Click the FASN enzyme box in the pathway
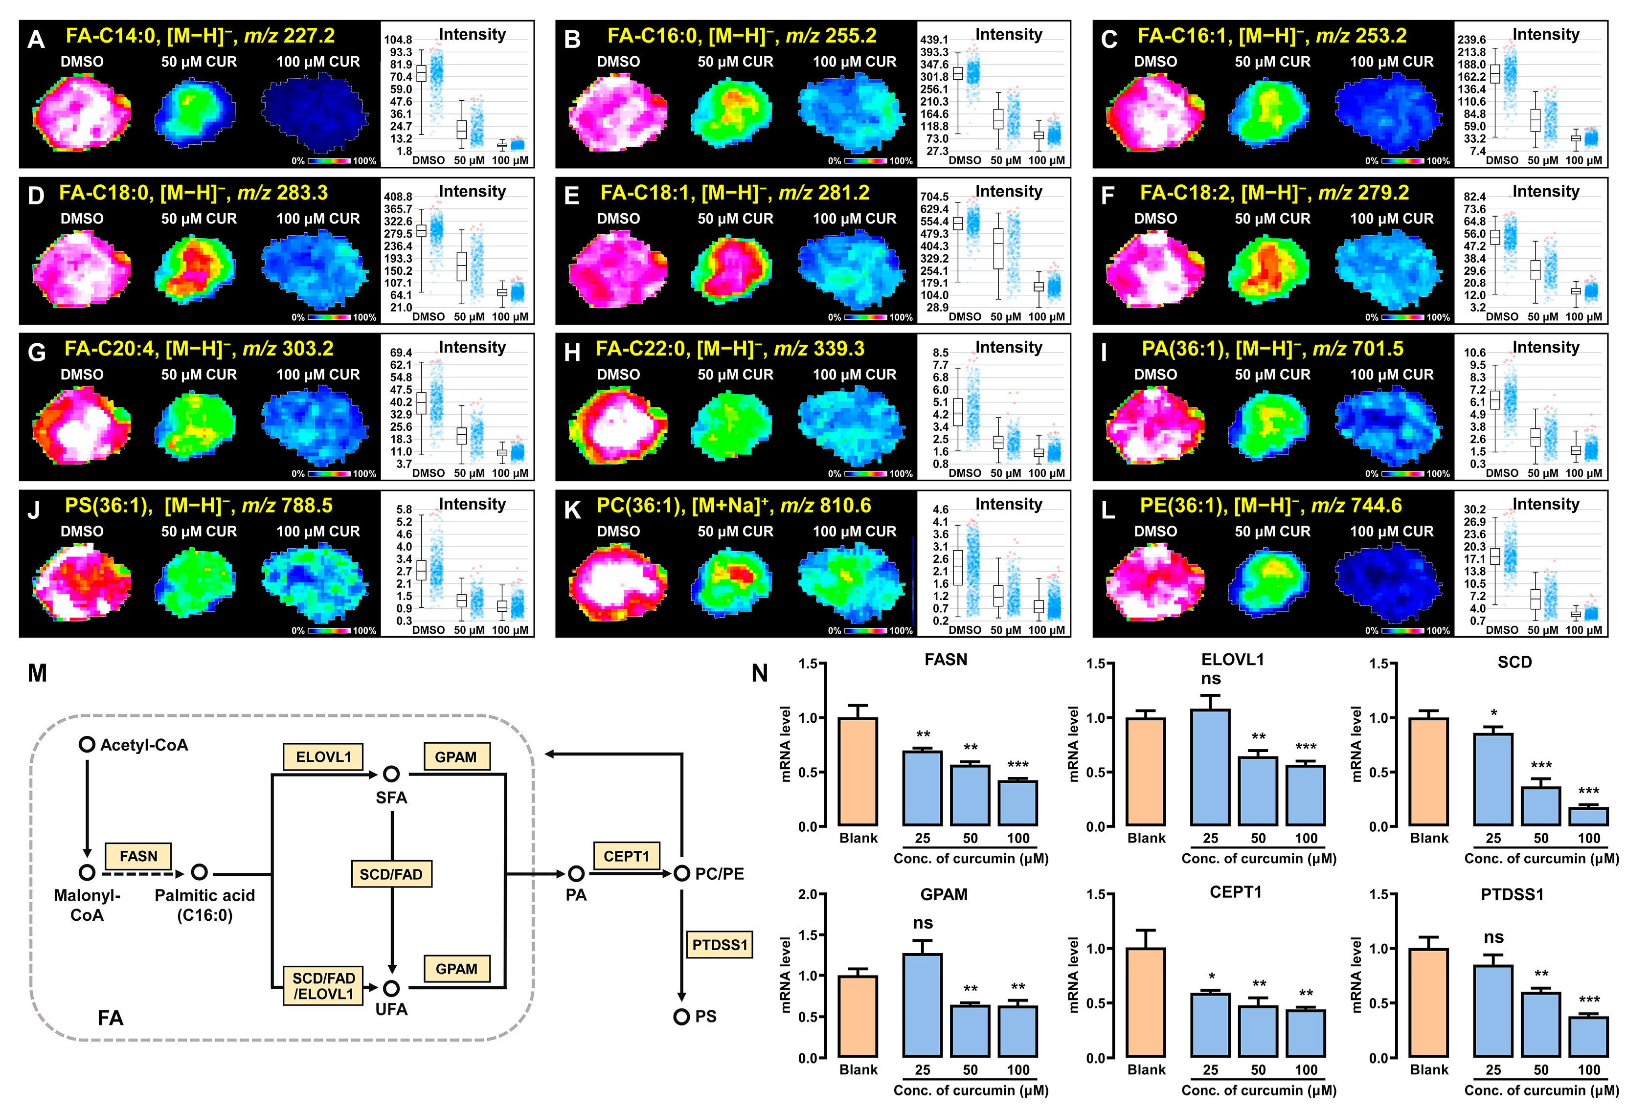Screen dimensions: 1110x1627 [x=138, y=856]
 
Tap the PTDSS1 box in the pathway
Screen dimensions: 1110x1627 [x=719, y=945]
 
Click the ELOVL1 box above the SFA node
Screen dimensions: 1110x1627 [x=323, y=756]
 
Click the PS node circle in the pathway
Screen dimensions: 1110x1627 [x=681, y=1016]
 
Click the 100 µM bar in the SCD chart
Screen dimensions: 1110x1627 [x=1588, y=817]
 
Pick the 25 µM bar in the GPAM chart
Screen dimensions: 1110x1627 [x=922, y=1005]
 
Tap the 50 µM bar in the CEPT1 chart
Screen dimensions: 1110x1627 [x=1258, y=1032]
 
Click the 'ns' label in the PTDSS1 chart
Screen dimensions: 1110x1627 [x=1493, y=937]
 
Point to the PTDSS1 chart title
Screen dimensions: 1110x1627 [x=1512, y=894]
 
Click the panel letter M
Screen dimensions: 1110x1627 [x=37, y=673]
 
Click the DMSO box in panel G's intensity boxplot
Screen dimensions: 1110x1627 [x=422, y=403]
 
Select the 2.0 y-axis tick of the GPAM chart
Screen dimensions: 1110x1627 [x=808, y=894]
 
